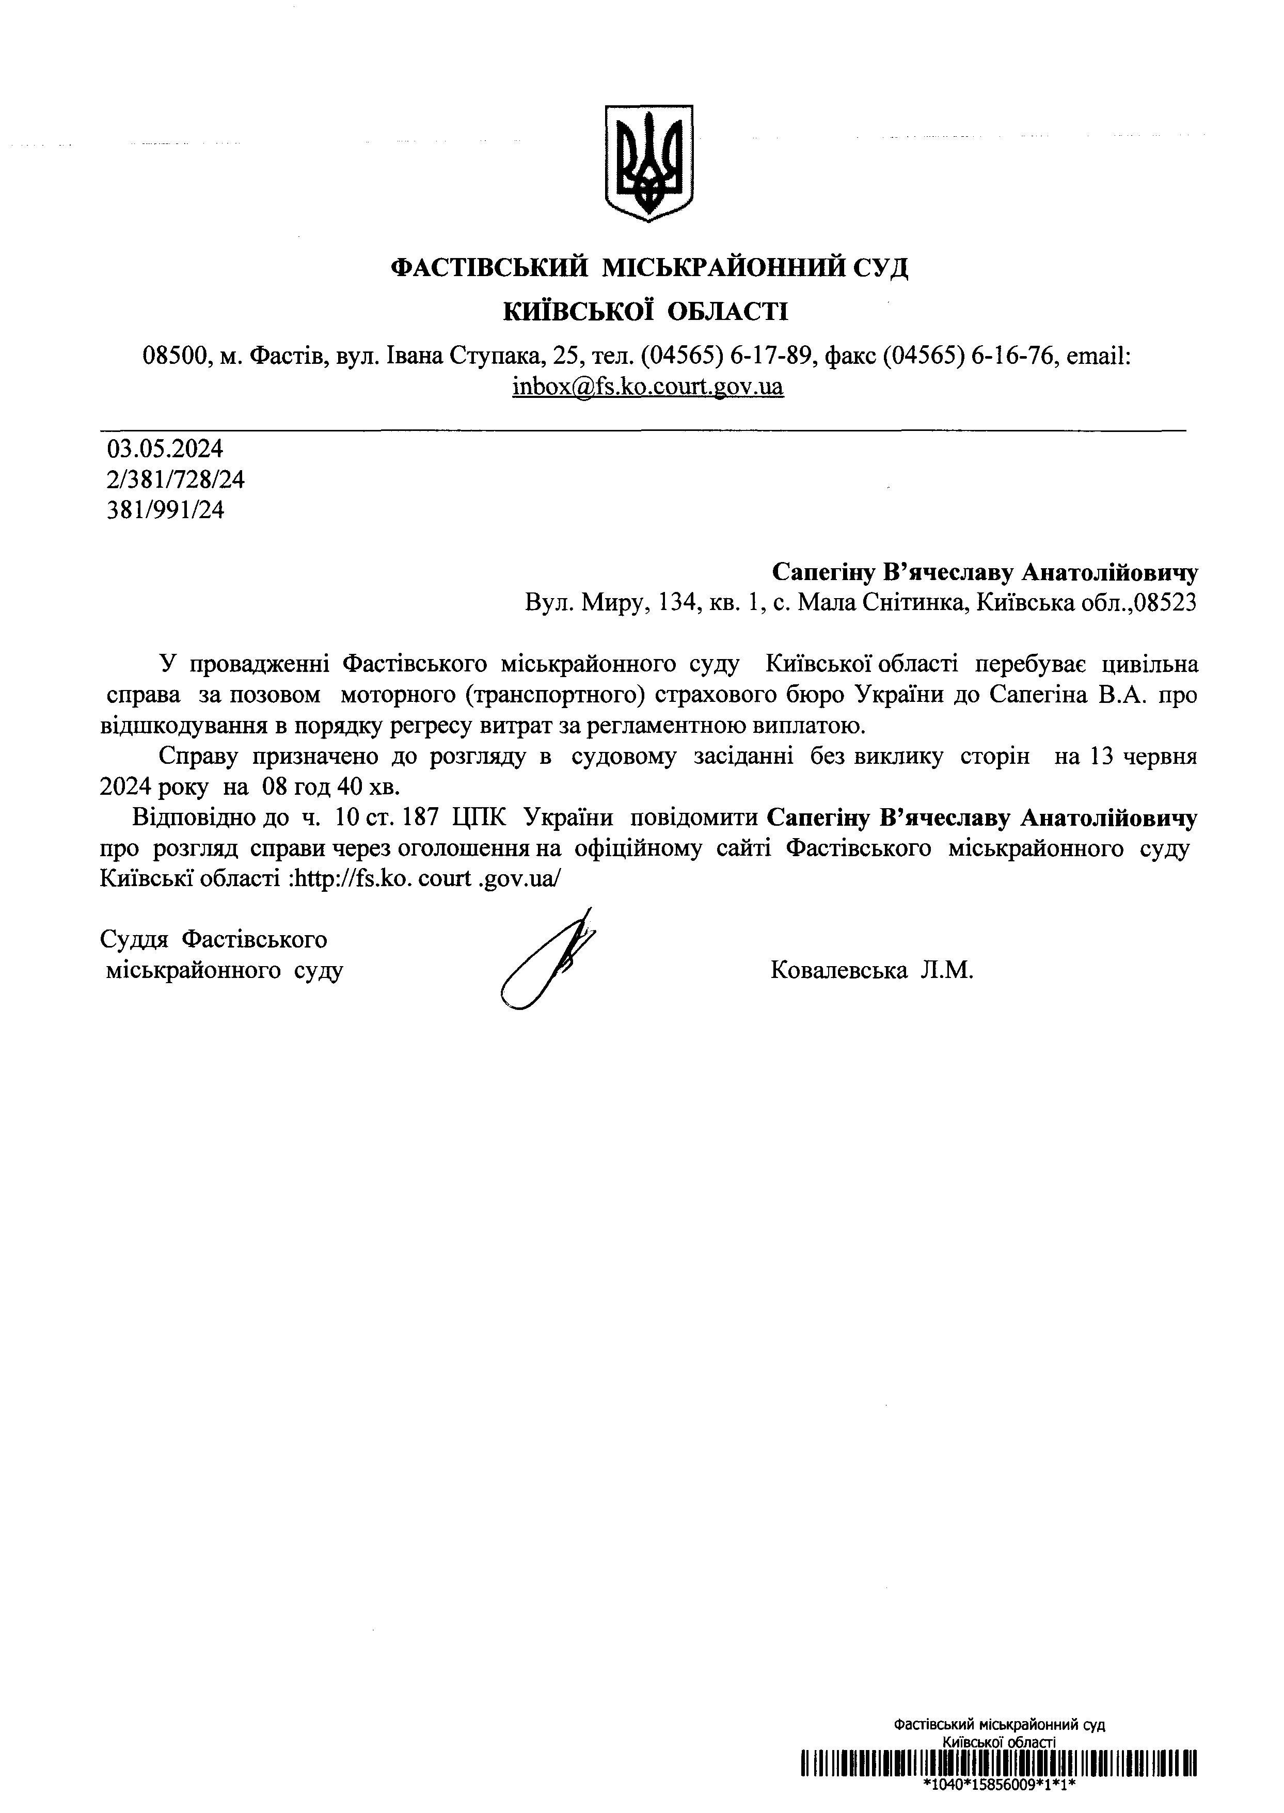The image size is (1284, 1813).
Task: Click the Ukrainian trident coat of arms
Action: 648,163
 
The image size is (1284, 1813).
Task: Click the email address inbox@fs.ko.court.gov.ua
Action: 647,387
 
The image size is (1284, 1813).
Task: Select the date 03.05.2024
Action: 165,450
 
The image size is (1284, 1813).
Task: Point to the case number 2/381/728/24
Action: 176,480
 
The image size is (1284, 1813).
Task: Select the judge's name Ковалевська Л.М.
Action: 871,970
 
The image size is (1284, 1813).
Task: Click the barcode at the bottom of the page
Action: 998,1762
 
